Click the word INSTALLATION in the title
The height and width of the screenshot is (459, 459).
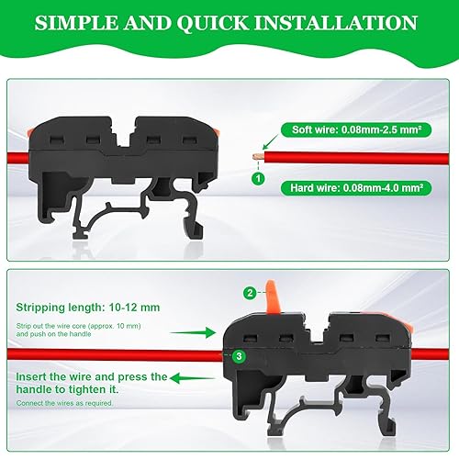coord(336,23)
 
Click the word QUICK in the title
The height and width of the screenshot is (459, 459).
coord(213,23)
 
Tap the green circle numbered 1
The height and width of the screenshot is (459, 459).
coord(258,178)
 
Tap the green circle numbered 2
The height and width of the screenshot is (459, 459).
coord(250,293)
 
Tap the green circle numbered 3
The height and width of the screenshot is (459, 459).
coord(239,356)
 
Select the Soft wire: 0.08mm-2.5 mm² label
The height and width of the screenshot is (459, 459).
coord(356,129)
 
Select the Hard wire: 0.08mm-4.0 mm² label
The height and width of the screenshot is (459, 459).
coord(356,187)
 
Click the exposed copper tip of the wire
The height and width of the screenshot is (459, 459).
coord(259,157)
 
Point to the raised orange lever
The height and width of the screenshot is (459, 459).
coord(272,297)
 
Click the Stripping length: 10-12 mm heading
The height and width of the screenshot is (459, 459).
coord(88,308)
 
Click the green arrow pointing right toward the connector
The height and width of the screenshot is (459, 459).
coord(193,332)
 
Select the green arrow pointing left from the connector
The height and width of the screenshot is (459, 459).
coord(193,378)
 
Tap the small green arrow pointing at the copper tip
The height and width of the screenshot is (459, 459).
coord(270,142)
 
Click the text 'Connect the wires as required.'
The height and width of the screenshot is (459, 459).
coord(64,403)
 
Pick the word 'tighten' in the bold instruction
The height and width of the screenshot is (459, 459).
coord(86,389)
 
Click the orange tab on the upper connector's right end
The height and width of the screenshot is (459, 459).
coord(217,133)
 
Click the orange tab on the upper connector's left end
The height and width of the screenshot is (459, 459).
coord(29,132)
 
